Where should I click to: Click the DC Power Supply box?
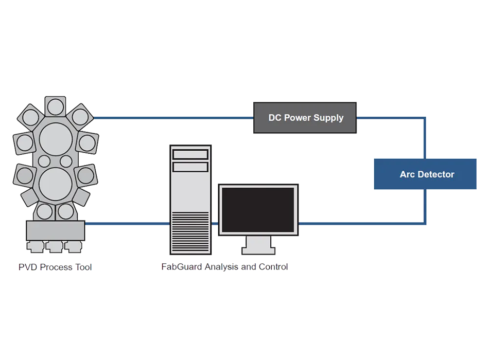[x=305, y=118]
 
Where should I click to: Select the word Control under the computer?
[x=272, y=267]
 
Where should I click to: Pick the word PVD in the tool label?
[x=27, y=267]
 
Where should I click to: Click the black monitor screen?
[x=258, y=210]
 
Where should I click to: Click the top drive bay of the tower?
[x=190, y=154]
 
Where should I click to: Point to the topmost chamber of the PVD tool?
[x=55, y=106]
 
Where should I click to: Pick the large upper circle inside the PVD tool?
[x=56, y=138]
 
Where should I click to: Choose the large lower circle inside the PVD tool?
[x=55, y=183]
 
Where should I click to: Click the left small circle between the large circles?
[x=44, y=161]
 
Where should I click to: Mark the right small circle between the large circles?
[x=66, y=161]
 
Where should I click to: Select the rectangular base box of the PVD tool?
[x=55, y=230]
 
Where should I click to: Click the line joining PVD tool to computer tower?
[x=127, y=224]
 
